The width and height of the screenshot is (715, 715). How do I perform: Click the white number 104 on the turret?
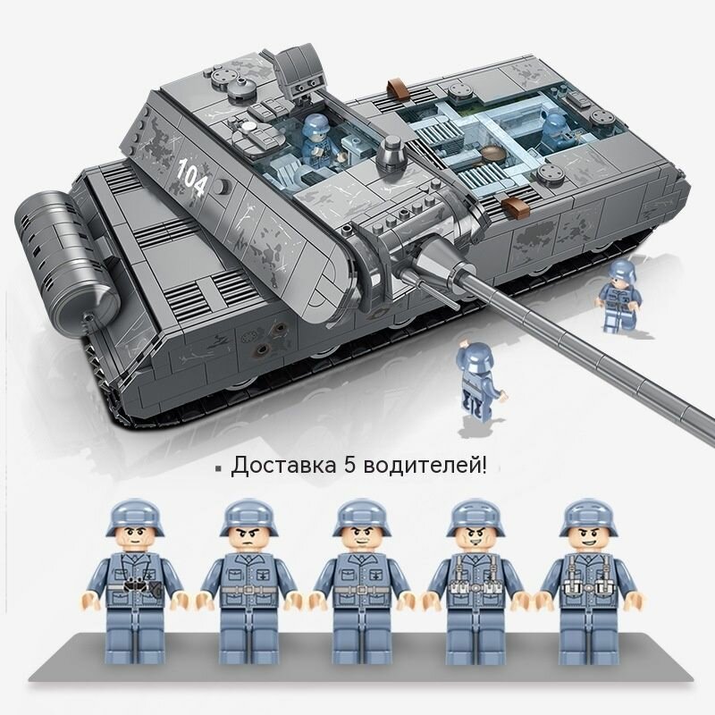pyautogui.click(x=192, y=176)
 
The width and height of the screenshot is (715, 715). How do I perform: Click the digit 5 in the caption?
pyautogui.click(x=349, y=466)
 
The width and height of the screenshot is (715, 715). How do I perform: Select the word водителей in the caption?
pyautogui.click(x=420, y=466)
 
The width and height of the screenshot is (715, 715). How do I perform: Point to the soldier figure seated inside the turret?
pyautogui.click(x=318, y=141)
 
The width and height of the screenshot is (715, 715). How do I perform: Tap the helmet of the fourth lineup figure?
pyautogui.click(x=475, y=517)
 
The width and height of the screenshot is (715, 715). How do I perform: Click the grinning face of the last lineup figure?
pyautogui.click(x=589, y=540)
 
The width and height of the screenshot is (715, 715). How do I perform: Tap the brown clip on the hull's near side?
pyautogui.click(x=516, y=206)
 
